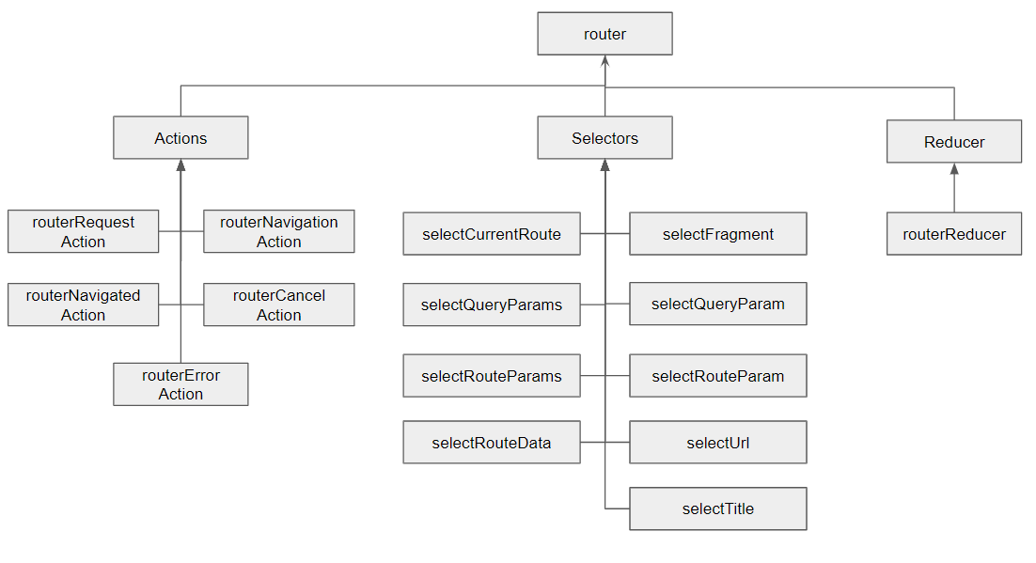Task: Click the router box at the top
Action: [604, 34]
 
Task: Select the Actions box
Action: [181, 138]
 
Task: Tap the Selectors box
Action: [604, 138]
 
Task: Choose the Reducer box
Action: [953, 142]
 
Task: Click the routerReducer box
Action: [953, 234]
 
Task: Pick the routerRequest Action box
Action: [83, 231]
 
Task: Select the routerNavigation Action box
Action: [278, 231]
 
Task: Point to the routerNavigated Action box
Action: [83, 305]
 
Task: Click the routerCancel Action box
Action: [278, 305]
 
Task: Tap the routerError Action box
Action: [181, 384]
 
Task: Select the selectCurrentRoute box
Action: [491, 234]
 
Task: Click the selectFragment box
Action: [717, 234]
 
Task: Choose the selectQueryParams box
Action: [491, 305]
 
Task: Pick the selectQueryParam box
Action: [717, 305]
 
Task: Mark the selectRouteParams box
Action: [491, 376]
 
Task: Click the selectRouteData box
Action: [491, 443]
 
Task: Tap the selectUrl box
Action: [717, 443]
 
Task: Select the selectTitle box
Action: [717, 508]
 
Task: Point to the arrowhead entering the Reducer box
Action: [953, 169]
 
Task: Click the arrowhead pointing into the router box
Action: [604, 61]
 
